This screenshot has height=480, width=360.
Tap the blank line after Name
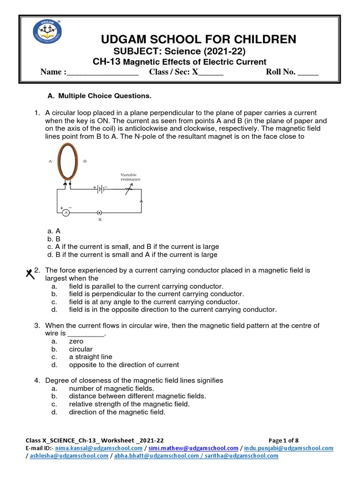[x=103, y=73]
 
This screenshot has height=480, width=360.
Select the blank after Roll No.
[x=308, y=73]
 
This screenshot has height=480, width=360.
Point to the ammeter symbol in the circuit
[x=66, y=212]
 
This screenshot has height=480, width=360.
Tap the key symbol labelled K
[x=99, y=212]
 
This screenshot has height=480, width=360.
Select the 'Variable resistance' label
[x=130, y=177]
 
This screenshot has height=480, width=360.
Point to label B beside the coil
[x=84, y=161]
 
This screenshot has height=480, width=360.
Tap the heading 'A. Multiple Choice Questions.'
[x=100, y=96]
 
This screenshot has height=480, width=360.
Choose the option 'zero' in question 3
[x=76, y=341]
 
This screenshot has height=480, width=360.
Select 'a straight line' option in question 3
[x=90, y=357]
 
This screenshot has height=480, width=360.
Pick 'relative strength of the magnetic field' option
[x=129, y=404]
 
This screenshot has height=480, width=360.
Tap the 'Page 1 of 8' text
[x=283, y=441]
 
